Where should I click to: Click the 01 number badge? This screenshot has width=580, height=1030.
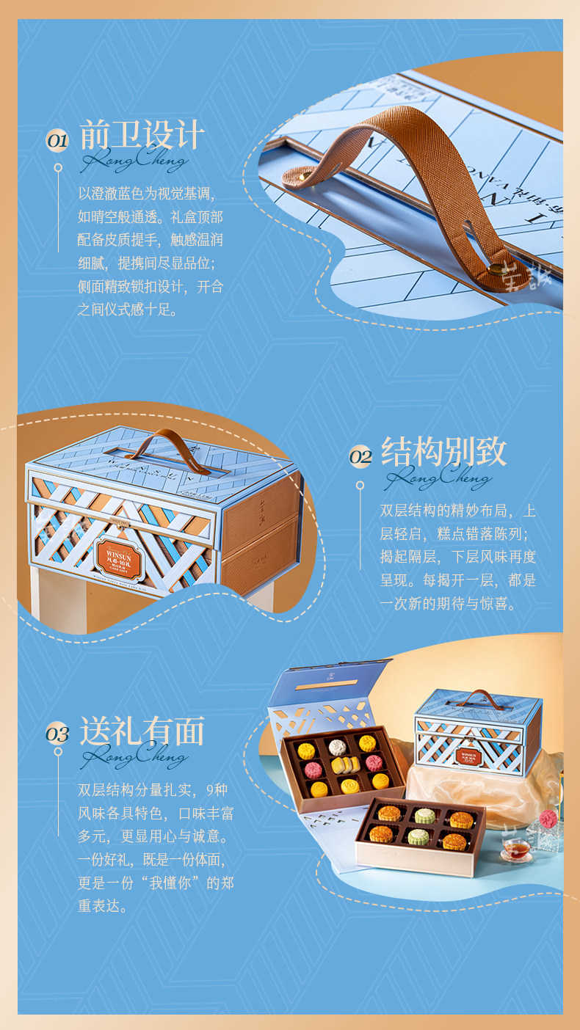click(x=57, y=140)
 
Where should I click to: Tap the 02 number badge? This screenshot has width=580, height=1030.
click(x=360, y=456)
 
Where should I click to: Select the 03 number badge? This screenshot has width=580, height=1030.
click(x=57, y=734)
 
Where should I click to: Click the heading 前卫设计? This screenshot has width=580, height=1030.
click(x=142, y=135)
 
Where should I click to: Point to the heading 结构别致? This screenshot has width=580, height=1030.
click(x=443, y=452)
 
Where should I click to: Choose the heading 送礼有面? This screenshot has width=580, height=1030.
click(x=142, y=731)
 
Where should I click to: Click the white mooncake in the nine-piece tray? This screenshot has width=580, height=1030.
click(x=337, y=748)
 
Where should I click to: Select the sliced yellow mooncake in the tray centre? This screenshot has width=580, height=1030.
click(x=345, y=765)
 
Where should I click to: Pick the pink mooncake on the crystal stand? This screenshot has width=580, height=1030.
click(x=548, y=819)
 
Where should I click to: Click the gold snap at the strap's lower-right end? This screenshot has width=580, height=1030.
click(x=496, y=269)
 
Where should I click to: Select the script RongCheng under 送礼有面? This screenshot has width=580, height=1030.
click(x=134, y=756)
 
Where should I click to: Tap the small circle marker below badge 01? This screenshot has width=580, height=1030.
click(x=58, y=168)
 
